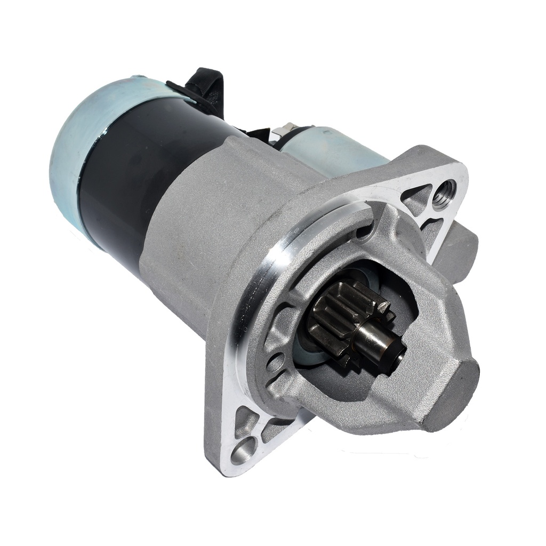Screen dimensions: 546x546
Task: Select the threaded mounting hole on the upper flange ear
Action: point(445,194)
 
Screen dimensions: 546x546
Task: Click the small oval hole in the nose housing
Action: point(276,363)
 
